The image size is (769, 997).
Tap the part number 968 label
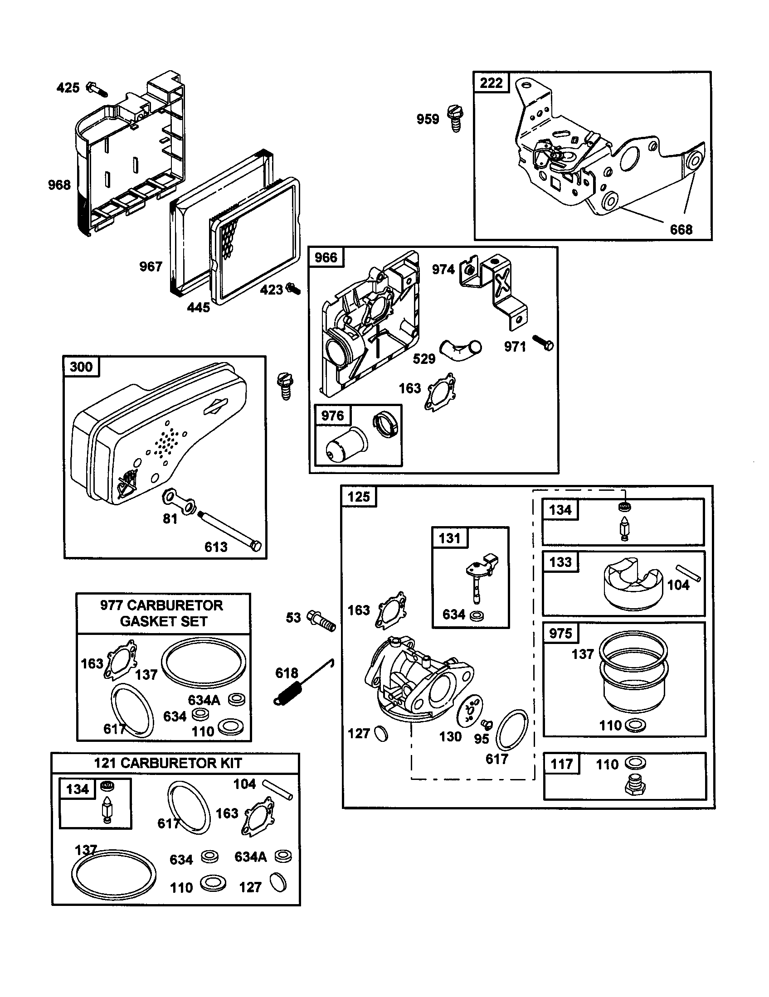coord(59,185)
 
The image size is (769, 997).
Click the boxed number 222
coord(491,83)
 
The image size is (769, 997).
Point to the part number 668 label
coord(681,230)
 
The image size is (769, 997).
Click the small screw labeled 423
coord(293,288)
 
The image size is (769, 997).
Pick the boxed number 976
coord(332,416)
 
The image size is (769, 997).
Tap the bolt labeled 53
coord(322,619)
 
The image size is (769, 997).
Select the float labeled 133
coord(633,585)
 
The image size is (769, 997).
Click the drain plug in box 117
coord(635,786)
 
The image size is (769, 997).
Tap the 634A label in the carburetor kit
coord(250,857)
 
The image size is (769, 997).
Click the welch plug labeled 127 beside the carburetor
coord(381,734)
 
